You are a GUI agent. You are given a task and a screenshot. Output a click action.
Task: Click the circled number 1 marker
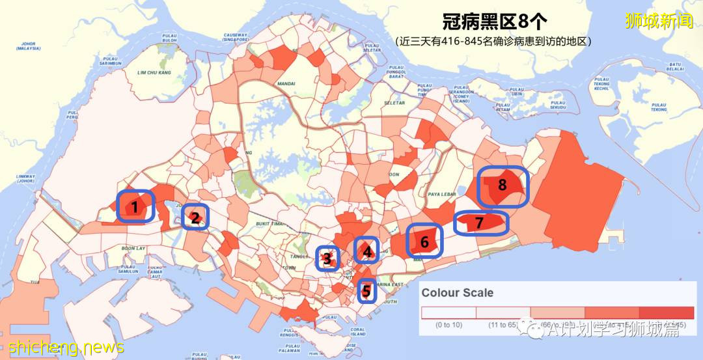[x=135, y=207]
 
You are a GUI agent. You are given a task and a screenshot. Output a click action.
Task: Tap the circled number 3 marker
[x=327, y=259]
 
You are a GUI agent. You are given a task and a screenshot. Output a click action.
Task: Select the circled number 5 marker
[x=367, y=290]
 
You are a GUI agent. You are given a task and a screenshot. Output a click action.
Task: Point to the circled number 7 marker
[x=480, y=223]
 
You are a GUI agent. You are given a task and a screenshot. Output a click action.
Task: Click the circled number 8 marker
[x=503, y=186]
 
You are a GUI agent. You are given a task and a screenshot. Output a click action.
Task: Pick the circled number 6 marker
[x=424, y=242]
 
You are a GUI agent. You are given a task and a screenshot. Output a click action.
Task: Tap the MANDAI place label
[x=285, y=83]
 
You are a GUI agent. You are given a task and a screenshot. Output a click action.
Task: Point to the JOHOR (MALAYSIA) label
[x=29, y=46]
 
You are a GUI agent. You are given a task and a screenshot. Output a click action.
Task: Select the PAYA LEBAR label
[x=440, y=193]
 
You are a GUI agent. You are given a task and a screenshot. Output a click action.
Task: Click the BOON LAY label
[x=133, y=248]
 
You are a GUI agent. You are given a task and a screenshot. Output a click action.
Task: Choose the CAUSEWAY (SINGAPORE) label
[x=232, y=37]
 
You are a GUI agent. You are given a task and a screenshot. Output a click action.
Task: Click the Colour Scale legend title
[x=457, y=292]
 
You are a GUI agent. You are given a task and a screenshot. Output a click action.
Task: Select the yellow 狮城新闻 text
[x=659, y=21]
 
